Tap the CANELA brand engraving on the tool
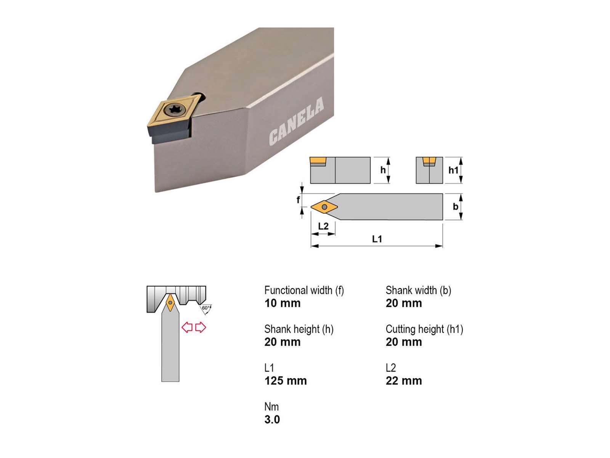296,121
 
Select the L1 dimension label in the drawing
377,239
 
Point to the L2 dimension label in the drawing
323,226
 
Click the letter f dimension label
298,199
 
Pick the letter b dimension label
456,206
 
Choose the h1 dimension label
453,170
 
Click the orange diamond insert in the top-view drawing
324,207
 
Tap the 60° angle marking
205,308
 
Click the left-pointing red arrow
187,327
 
